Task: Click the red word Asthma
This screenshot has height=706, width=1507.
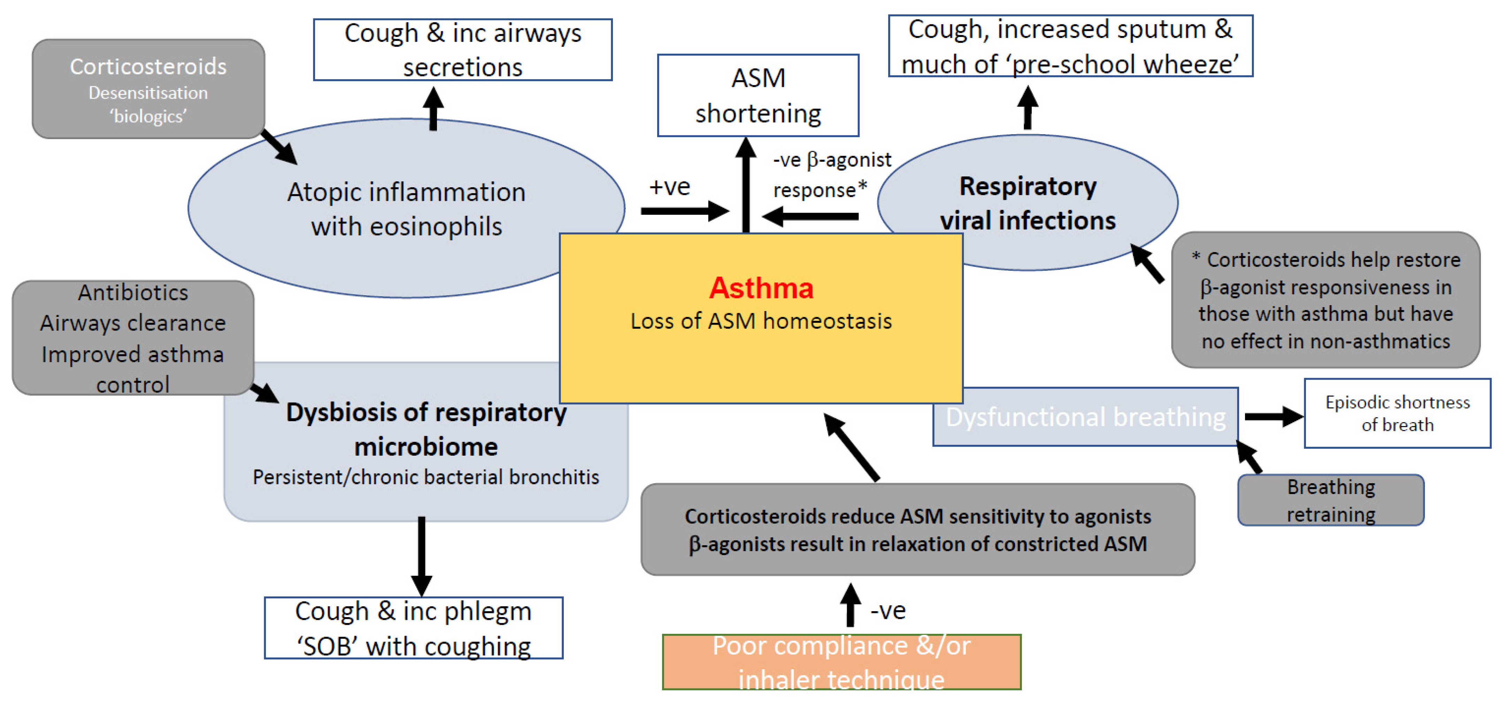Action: [761, 288]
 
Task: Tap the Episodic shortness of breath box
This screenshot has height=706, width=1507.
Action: [1397, 413]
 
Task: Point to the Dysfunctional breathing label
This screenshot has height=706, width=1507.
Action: [1085, 417]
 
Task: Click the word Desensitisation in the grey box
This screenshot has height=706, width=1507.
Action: [148, 92]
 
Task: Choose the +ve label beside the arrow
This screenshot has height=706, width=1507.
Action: [669, 187]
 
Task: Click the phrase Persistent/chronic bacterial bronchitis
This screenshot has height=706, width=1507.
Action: [425, 477]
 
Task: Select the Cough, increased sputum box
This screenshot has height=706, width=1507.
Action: [1070, 46]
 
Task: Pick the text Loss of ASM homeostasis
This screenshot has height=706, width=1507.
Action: [761, 321]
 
